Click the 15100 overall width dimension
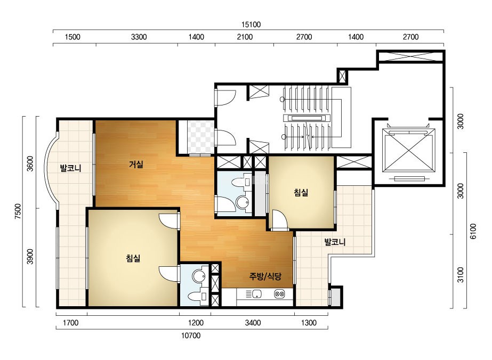tap(251, 24)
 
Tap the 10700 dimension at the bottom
tap(191, 336)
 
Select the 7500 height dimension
tap(18, 211)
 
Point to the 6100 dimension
tap(473, 231)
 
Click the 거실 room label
tap(136, 164)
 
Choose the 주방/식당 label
tap(265, 276)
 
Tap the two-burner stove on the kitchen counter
tap(279, 294)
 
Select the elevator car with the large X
tap(409, 150)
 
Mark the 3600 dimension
tap(30, 163)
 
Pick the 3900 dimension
tap(30, 257)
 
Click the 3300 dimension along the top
tap(139, 37)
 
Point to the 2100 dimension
tap(245, 37)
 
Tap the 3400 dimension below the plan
tap(253, 323)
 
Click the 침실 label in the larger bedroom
tap(133, 258)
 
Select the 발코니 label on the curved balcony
tap(70, 168)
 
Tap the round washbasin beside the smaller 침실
tap(243, 202)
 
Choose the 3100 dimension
tap(461, 275)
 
